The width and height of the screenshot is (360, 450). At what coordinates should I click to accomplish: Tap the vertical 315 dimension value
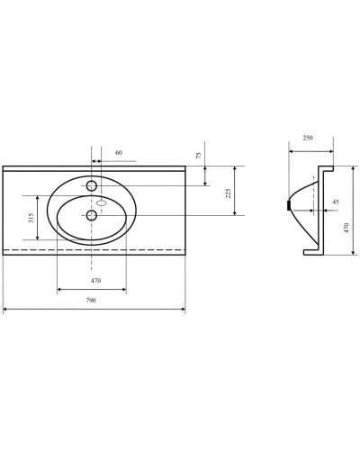(x=31, y=218)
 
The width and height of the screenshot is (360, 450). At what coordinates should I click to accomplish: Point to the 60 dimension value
(x=119, y=152)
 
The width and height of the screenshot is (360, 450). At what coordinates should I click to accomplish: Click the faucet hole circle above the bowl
(x=92, y=184)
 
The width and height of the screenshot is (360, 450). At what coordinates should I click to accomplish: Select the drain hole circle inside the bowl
(x=92, y=215)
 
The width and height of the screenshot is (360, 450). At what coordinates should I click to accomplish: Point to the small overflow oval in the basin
(x=102, y=203)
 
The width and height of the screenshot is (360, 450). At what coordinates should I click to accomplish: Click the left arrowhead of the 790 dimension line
(x=5, y=310)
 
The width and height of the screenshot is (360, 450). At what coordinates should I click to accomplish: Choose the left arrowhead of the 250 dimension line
(x=290, y=146)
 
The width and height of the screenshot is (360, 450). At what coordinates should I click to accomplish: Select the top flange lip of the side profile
(x=328, y=170)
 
